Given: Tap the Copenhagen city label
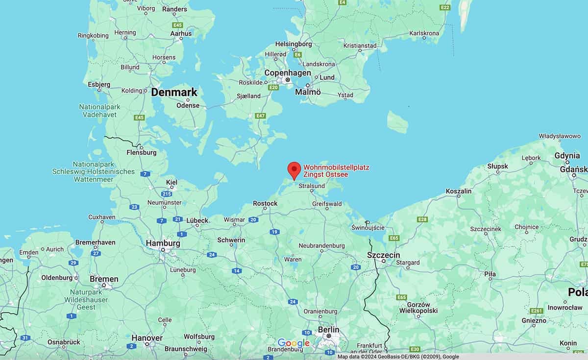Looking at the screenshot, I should coord(288,72).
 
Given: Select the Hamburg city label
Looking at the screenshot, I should coord(163,243).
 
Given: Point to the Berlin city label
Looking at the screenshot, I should coord(328,330).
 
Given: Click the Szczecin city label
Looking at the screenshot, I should coord(384,255).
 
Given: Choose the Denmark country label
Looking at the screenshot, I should coord(174,92).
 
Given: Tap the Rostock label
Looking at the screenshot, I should coord(265,203).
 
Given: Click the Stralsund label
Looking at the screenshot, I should coord(312,186).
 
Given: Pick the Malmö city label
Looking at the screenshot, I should coord(308,92).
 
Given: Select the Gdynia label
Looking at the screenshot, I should coord(567,156).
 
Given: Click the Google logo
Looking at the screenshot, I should coord(294,343).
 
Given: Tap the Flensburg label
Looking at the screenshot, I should coord(141,152).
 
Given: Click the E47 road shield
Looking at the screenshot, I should coord(260,116).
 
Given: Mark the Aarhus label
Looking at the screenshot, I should coord(181,33).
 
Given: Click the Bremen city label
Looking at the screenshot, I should coord(104,279).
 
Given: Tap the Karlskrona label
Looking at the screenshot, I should coord(424,33).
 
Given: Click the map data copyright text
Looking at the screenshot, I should coord(398,357).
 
